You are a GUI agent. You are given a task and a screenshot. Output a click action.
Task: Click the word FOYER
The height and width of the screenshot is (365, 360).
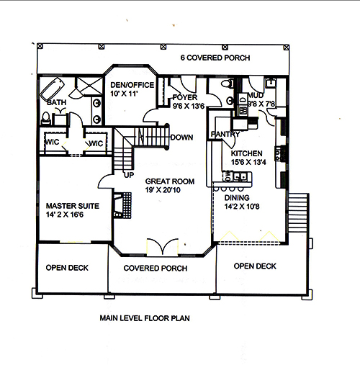186,96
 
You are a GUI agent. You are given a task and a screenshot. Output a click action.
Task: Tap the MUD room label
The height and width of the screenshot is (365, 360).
254,94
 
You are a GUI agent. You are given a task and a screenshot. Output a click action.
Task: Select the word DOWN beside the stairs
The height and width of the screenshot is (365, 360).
181,137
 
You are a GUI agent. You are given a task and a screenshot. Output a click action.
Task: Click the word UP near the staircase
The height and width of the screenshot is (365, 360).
130,175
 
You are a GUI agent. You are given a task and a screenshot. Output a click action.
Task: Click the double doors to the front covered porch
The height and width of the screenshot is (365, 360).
160,245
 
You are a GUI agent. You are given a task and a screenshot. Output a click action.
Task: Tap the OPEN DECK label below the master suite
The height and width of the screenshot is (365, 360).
67,268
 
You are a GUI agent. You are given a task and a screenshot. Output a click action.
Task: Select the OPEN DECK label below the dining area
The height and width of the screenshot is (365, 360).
255,266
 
